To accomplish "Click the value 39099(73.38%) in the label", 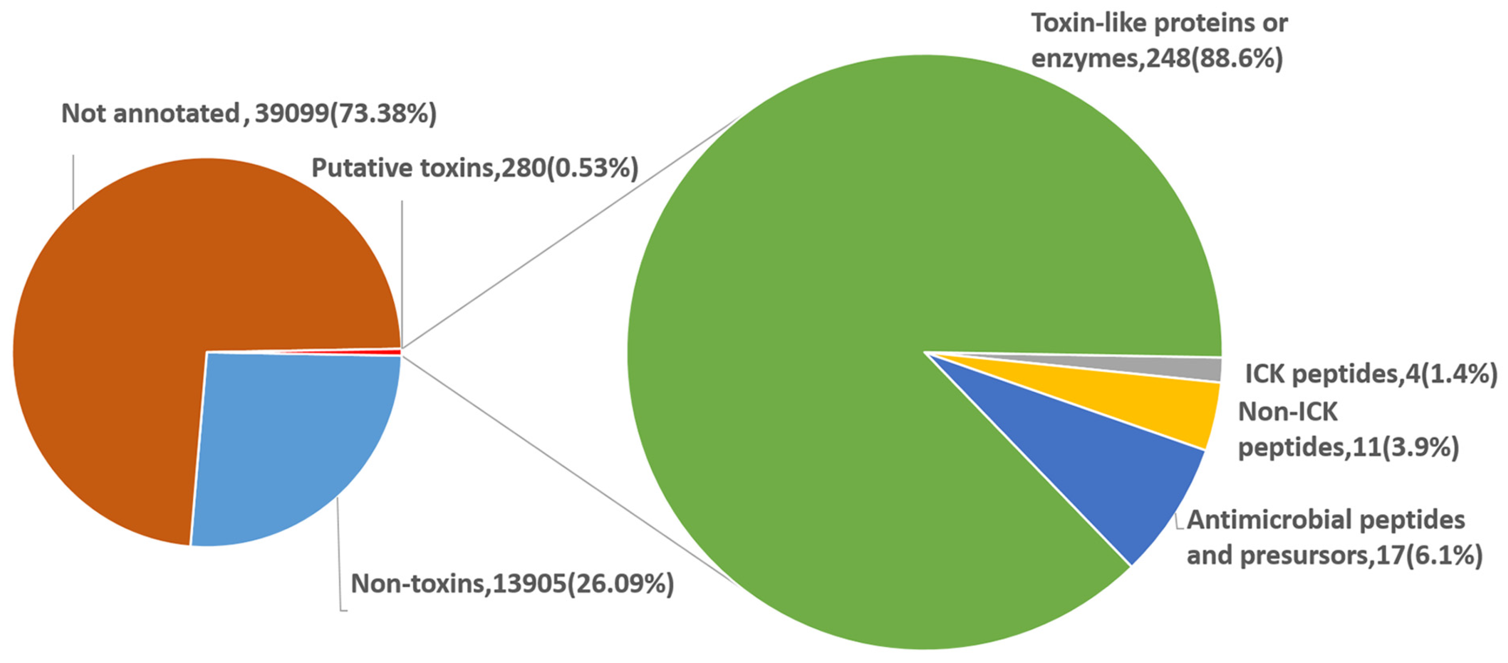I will (x=346, y=114).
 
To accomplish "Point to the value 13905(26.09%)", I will (x=583, y=584).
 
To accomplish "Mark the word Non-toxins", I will (x=418, y=584).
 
